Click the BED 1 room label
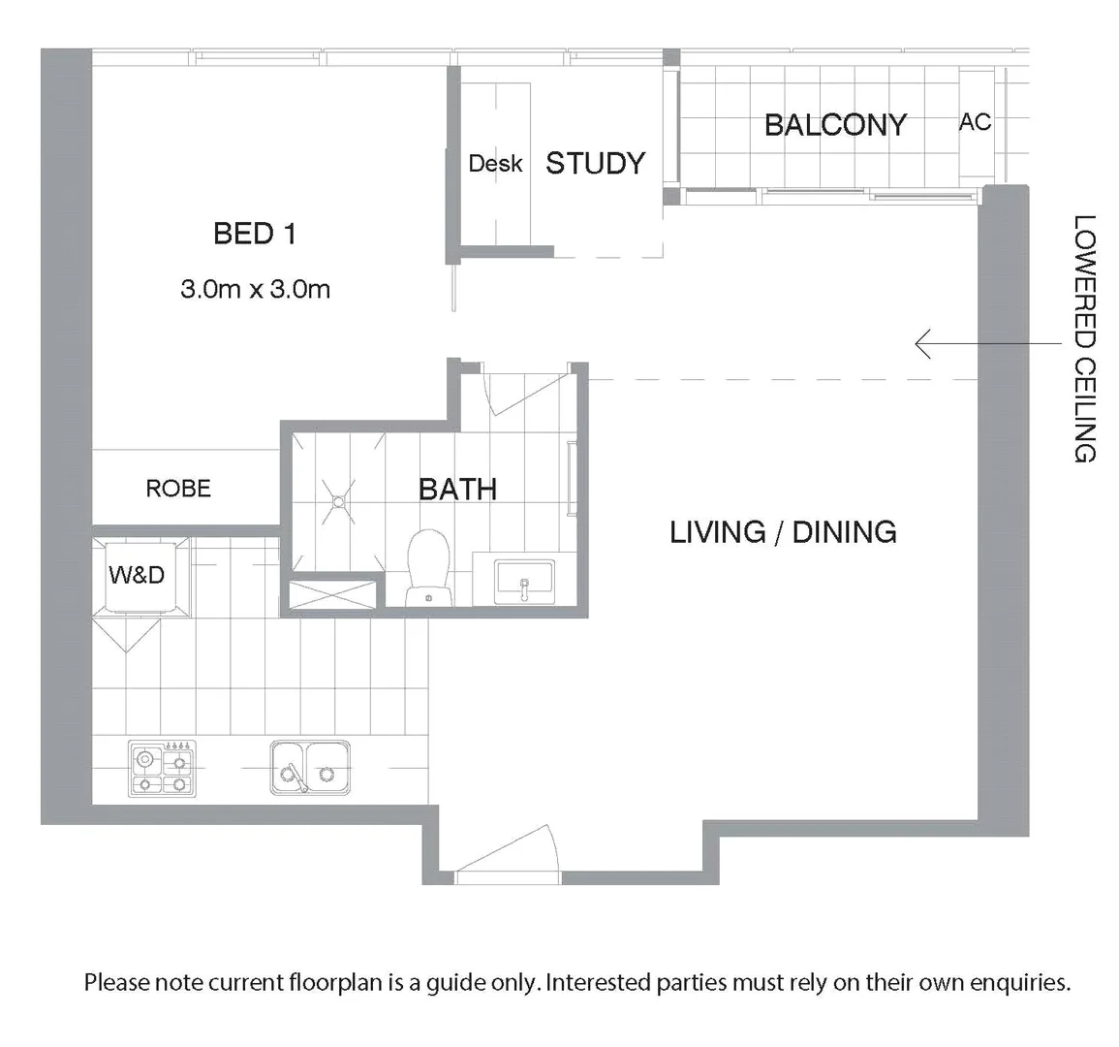click(254, 234)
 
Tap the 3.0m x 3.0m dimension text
click(255, 289)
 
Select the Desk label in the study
click(495, 164)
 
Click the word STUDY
click(595, 164)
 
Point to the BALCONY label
click(835, 125)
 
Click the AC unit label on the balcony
click(975, 122)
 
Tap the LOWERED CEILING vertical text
click(1084, 338)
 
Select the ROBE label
click(178, 489)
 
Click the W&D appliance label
click(137, 575)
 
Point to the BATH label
click(457, 490)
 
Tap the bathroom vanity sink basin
click(523, 581)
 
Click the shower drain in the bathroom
click(338, 501)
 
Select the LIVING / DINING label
click(783, 532)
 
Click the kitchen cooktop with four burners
click(162, 769)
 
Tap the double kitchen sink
click(310, 767)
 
